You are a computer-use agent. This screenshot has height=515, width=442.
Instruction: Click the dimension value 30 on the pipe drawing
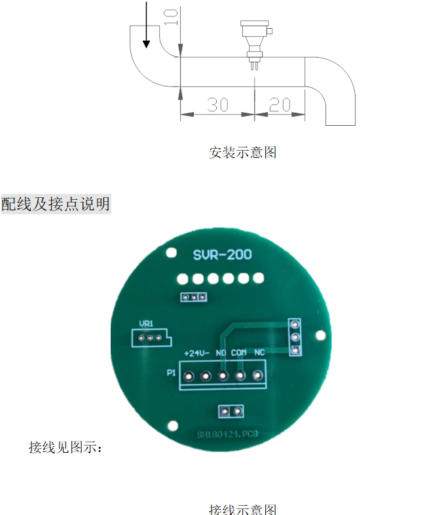coord(217,104)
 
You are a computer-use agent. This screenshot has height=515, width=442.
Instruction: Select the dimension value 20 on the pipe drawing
coord(280,104)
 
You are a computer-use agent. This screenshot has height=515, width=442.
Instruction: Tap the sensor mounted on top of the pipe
coord(252,41)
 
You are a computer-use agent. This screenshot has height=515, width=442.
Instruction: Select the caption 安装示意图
coord(243,153)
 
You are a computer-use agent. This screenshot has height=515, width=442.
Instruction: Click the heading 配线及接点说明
coord(56,204)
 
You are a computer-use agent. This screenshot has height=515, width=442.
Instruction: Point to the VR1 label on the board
coord(146,324)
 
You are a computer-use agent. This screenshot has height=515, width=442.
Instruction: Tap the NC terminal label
coord(259,353)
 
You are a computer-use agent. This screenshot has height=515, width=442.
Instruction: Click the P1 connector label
coord(171,373)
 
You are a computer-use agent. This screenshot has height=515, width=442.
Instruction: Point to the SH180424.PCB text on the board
coord(228,434)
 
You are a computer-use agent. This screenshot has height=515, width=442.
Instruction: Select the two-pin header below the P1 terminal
coord(230,411)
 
